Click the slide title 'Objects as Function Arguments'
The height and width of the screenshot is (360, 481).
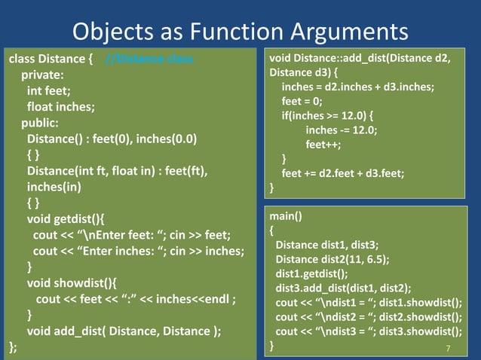[x=240, y=31]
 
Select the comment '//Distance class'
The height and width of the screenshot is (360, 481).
[x=149, y=59]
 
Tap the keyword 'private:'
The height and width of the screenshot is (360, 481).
[x=42, y=75]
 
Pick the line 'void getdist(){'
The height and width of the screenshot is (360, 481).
[x=70, y=219]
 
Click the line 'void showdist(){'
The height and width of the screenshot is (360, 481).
[x=73, y=283]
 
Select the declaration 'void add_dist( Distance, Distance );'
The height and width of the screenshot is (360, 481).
[x=124, y=331]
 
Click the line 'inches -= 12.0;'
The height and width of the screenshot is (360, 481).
[x=341, y=130]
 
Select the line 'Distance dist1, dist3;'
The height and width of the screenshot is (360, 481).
[x=326, y=245]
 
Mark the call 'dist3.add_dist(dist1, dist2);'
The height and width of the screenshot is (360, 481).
[x=343, y=288]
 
